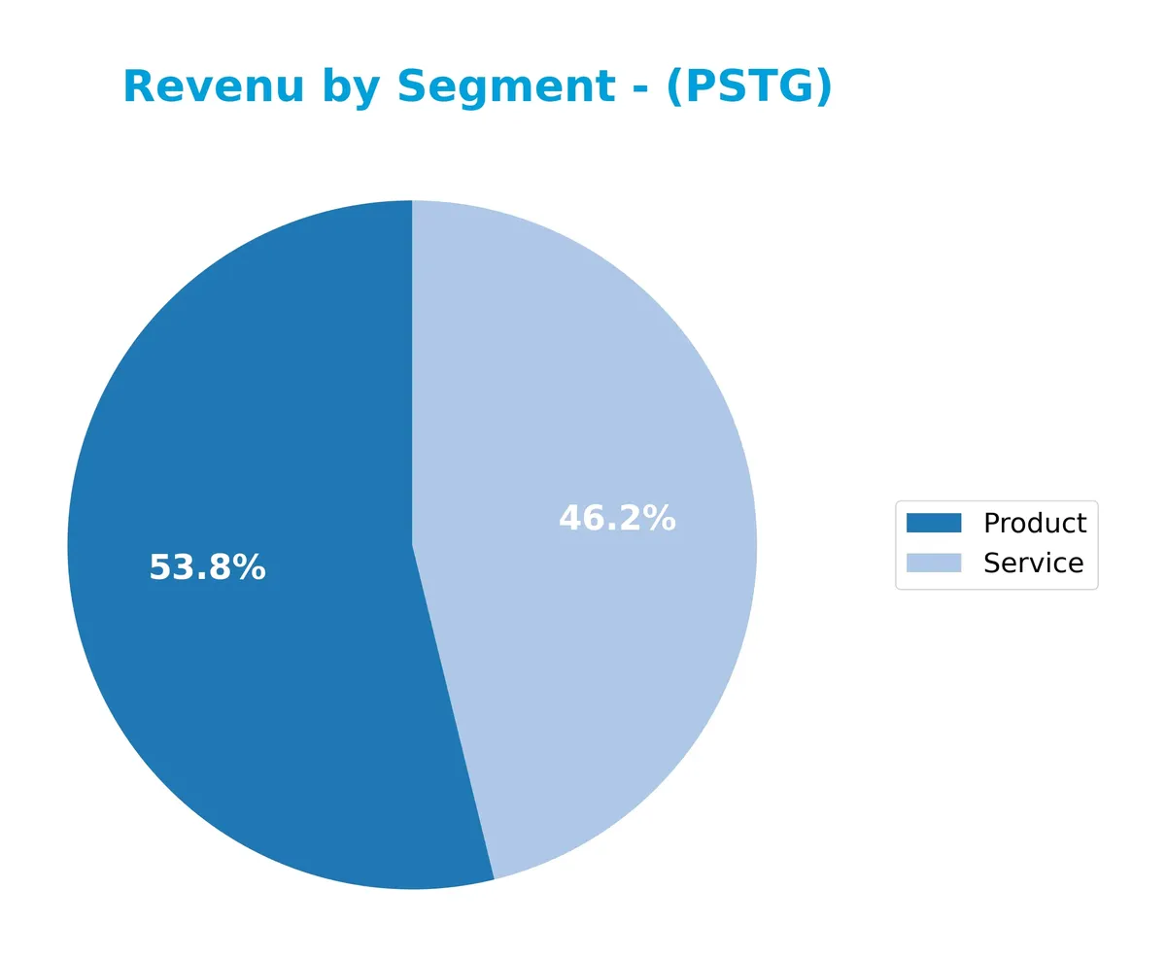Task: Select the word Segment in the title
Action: [506, 87]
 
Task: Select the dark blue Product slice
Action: [243, 680]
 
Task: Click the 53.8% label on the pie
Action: [207, 567]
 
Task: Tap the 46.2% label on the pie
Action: [617, 518]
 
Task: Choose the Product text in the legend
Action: [1034, 523]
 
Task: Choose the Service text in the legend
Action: [1033, 563]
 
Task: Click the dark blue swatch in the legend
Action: [933, 523]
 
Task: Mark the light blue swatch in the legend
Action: [933, 563]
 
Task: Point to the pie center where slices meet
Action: [412, 545]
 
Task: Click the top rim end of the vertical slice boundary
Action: [412, 201]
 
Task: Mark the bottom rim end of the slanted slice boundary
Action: [495, 878]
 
